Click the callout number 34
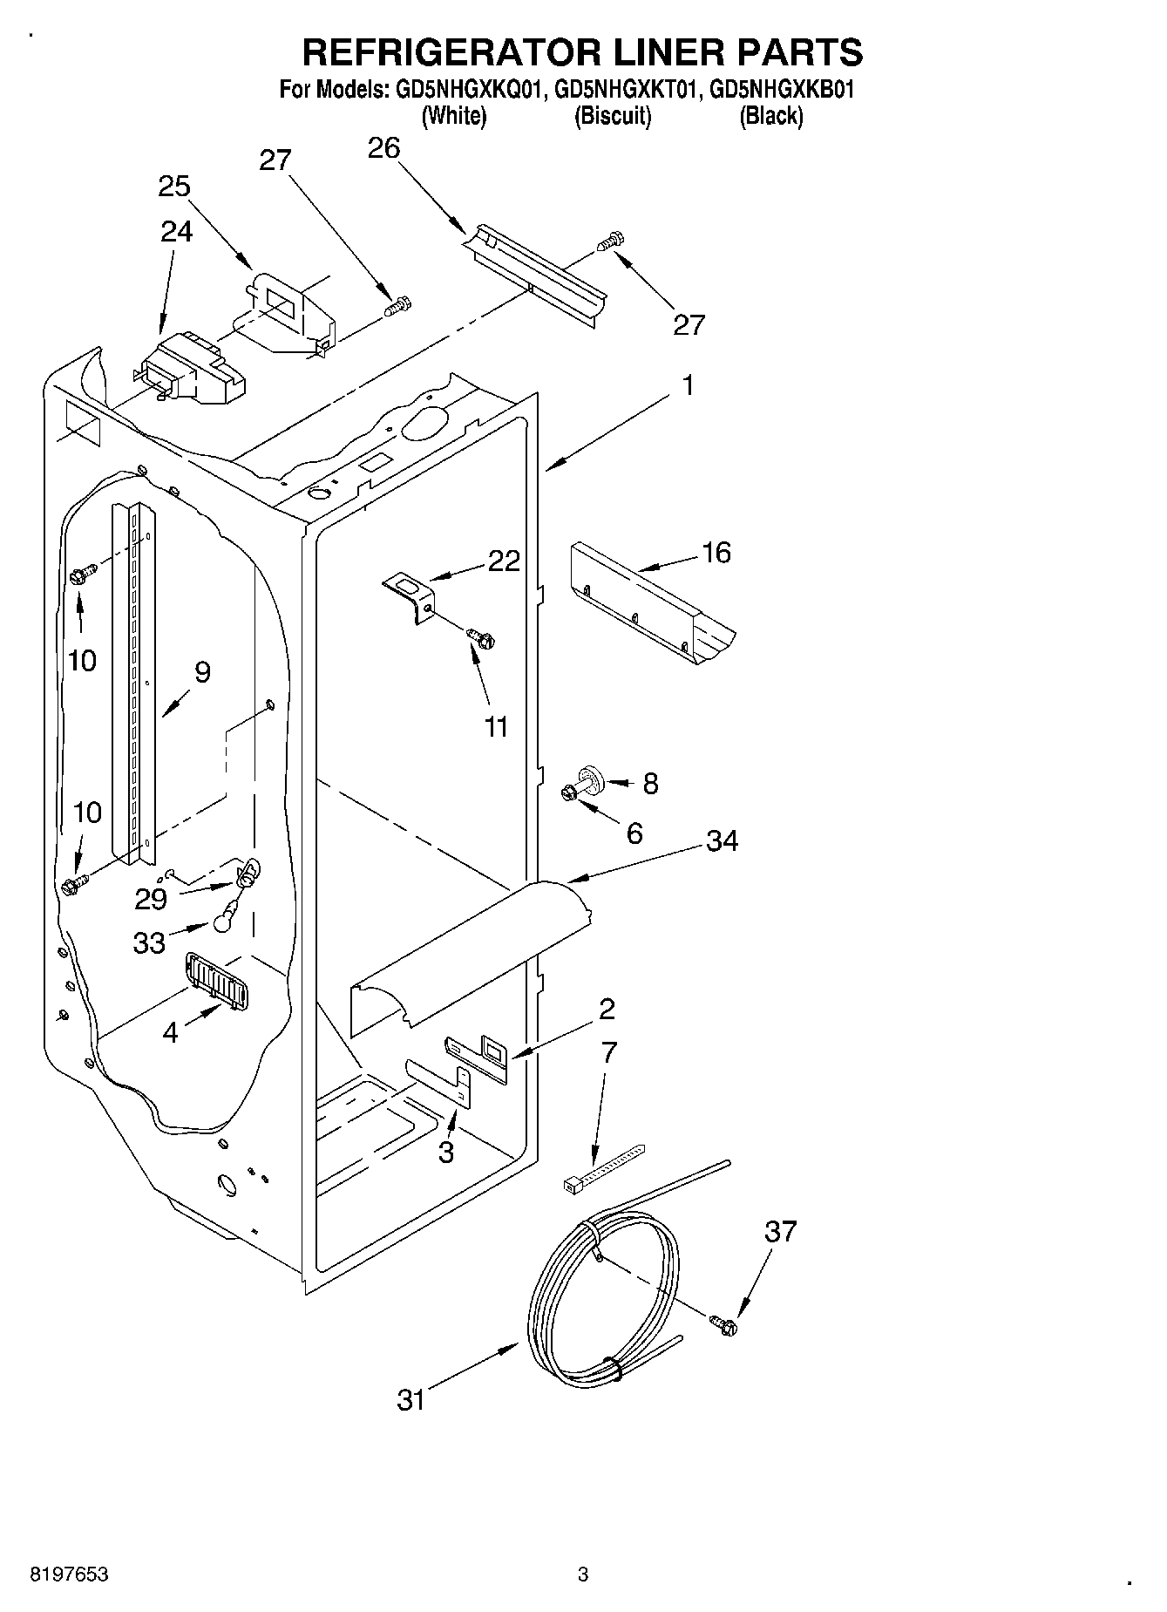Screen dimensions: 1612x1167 (x=722, y=840)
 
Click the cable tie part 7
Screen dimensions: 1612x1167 (x=600, y=1167)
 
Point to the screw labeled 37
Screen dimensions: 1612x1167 (x=723, y=1324)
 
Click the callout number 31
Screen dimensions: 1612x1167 (x=411, y=1400)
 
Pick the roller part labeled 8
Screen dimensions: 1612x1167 (x=591, y=776)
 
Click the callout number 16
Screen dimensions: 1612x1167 (x=716, y=552)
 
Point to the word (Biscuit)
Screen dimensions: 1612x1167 (x=613, y=116)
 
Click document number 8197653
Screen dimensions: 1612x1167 (x=70, y=1575)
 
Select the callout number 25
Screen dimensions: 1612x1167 (x=174, y=187)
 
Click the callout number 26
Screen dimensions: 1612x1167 (x=383, y=148)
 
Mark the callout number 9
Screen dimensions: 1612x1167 (x=202, y=672)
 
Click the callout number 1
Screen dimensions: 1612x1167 (x=688, y=385)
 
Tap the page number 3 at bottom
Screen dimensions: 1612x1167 (x=583, y=1575)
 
